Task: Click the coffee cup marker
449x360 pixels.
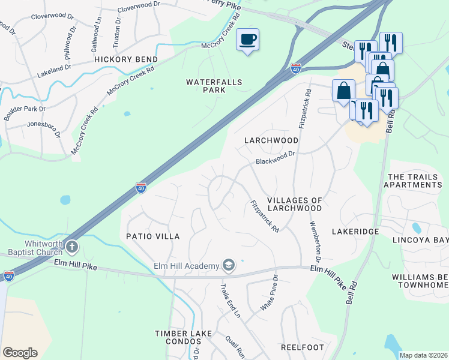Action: pyautogui.click(x=247, y=40)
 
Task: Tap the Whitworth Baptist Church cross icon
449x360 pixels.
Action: pyautogui.click(x=72, y=247)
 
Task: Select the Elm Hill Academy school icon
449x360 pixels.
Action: pyautogui.click(x=228, y=265)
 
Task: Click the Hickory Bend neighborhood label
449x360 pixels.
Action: pyautogui.click(x=125, y=60)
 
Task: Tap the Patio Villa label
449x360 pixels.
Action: pyautogui.click(x=152, y=236)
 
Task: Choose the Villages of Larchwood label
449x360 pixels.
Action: pyautogui.click(x=295, y=204)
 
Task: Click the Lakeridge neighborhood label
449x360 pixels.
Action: pyautogui.click(x=355, y=231)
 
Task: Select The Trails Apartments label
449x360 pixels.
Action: pyautogui.click(x=415, y=181)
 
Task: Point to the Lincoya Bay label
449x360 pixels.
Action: pyautogui.click(x=420, y=240)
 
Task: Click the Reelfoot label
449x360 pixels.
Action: pyautogui.click(x=303, y=347)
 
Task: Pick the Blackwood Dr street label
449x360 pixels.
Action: pyautogui.click(x=276, y=158)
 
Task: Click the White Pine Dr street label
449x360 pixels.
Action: pyautogui.click(x=270, y=293)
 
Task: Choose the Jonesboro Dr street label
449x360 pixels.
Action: pyautogui.click(x=44, y=128)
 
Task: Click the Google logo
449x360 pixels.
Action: pyautogui.click(x=20, y=353)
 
